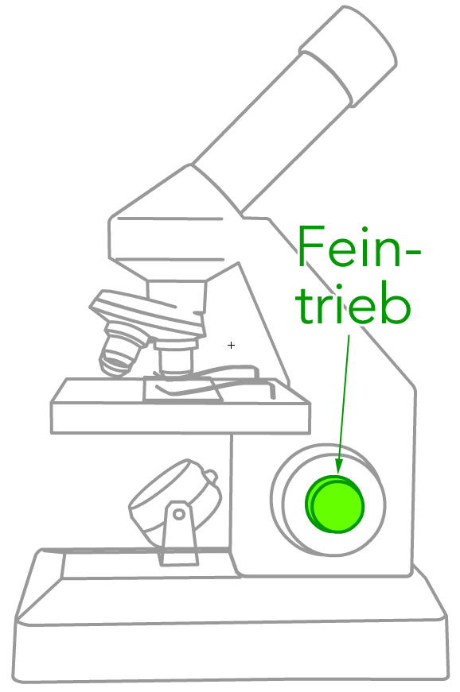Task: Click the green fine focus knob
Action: pyautogui.click(x=335, y=504)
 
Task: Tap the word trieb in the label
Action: pyautogui.click(x=354, y=303)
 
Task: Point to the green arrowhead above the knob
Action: pyautogui.click(x=338, y=466)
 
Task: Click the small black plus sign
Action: pyautogui.click(x=231, y=345)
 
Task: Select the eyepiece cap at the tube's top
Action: pyautogui.click(x=349, y=56)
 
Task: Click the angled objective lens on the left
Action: pyautogui.click(x=120, y=349)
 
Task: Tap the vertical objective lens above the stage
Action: pyautogui.click(x=176, y=358)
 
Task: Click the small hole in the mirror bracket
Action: pyautogui.click(x=179, y=514)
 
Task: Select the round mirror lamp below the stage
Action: pyautogui.click(x=174, y=501)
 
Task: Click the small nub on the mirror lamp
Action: pyautogui.click(x=210, y=477)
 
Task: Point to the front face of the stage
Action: pyautogui.click(x=181, y=418)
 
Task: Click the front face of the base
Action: pyautogui.click(x=230, y=650)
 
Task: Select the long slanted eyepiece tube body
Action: pyautogui.click(x=271, y=133)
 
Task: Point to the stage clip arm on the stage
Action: pyautogui.click(x=212, y=380)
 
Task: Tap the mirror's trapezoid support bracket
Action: pyautogui.click(x=179, y=534)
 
